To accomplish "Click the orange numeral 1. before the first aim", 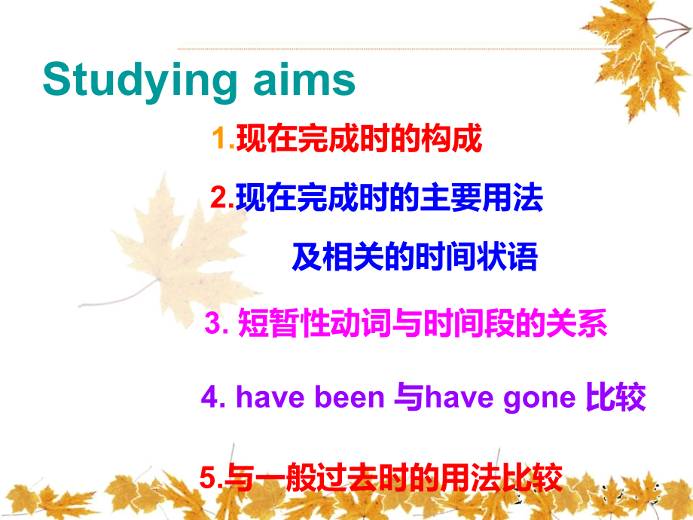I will click(x=224, y=139).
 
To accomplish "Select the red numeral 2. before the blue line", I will click(x=223, y=198).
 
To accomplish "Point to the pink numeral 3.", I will click(x=217, y=326).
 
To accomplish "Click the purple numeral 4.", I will click(x=214, y=397).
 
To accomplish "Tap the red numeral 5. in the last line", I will click(x=211, y=478).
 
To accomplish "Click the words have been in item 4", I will click(x=310, y=397).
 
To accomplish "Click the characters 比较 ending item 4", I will click(x=615, y=397).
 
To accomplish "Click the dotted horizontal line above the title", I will click(x=392, y=48).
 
